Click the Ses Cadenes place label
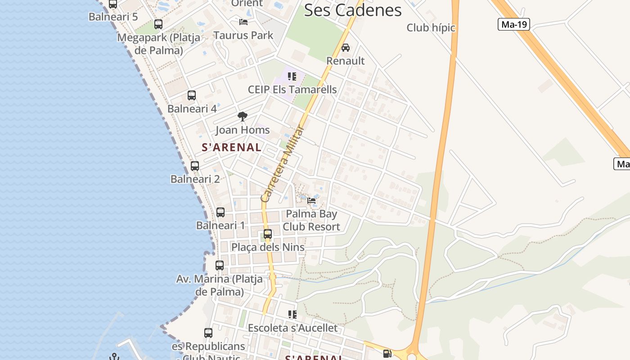tap(352, 10)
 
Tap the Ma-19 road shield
tap(513, 24)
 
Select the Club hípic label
tap(431, 28)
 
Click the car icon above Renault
tap(345, 47)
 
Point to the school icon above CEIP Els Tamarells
tap(292, 76)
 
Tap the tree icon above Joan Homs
tap(243, 117)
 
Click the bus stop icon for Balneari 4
tap(192, 95)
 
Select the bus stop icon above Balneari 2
tap(195, 166)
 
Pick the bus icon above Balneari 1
tap(220, 212)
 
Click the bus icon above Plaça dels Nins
tap(268, 234)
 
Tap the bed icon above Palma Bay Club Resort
tap(311, 200)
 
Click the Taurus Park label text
tap(243, 35)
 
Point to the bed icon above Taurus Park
tap(243, 22)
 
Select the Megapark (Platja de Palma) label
tap(158, 44)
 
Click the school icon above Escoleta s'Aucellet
tap(292, 314)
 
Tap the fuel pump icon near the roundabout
tap(387, 354)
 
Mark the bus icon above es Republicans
tap(208, 333)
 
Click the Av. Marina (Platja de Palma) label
tap(220, 285)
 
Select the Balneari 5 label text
tap(113, 17)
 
